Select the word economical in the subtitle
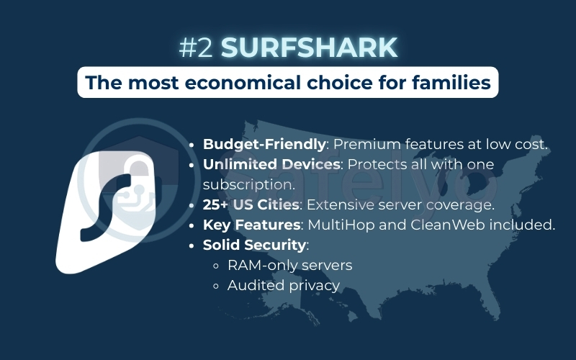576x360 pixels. pyautogui.click(x=240, y=83)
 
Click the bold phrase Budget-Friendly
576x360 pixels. pyautogui.click(x=264, y=144)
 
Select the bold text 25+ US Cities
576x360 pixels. pyautogui.click(x=251, y=204)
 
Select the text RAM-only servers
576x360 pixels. pyautogui.click(x=289, y=265)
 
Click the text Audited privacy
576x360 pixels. pyautogui.click(x=283, y=285)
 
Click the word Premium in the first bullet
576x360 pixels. pyautogui.click(x=365, y=144)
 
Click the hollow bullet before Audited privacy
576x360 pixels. pyautogui.click(x=216, y=286)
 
